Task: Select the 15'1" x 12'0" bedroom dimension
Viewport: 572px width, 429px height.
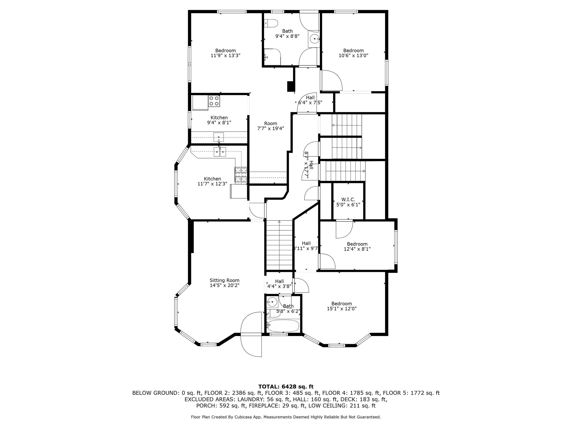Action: coord(342,309)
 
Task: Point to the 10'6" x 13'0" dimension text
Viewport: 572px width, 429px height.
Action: coord(353,55)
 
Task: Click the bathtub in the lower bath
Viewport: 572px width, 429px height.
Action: coord(283,326)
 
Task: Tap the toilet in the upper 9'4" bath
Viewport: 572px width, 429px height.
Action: coord(271,23)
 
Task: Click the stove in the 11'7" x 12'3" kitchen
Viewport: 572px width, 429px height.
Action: coord(241,175)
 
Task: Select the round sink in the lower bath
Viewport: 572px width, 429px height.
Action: coord(272,301)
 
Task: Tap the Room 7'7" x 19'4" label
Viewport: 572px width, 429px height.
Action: coord(271,126)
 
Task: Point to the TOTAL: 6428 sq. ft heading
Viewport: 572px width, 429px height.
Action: coord(286,387)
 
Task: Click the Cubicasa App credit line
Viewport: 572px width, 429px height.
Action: coord(286,417)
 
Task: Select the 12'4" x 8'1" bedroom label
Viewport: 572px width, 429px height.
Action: coord(357,246)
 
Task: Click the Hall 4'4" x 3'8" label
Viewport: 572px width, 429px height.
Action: coord(279,284)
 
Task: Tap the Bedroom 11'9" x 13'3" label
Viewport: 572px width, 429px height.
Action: coord(225,53)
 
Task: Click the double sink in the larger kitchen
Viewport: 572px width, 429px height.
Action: coord(220,152)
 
